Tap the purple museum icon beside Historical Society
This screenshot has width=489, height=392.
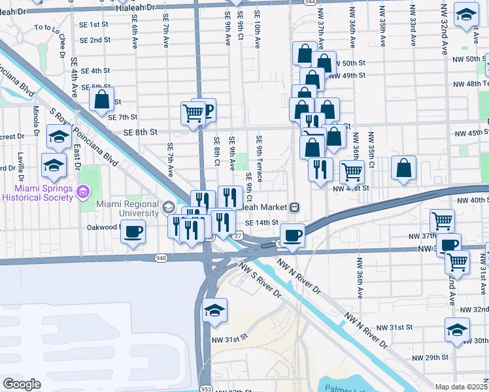[x=83, y=191]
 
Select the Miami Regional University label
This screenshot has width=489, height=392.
[x=127, y=208]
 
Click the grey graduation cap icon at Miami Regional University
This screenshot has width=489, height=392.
[x=169, y=208]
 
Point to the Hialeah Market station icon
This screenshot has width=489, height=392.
[x=295, y=206]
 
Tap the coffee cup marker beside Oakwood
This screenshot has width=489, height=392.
[x=133, y=232]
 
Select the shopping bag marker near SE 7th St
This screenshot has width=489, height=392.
[x=101, y=101]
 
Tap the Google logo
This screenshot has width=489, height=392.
[x=22, y=384]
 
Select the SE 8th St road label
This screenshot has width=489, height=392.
[x=141, y=132]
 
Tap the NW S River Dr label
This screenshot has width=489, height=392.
[x=260, y=282]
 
